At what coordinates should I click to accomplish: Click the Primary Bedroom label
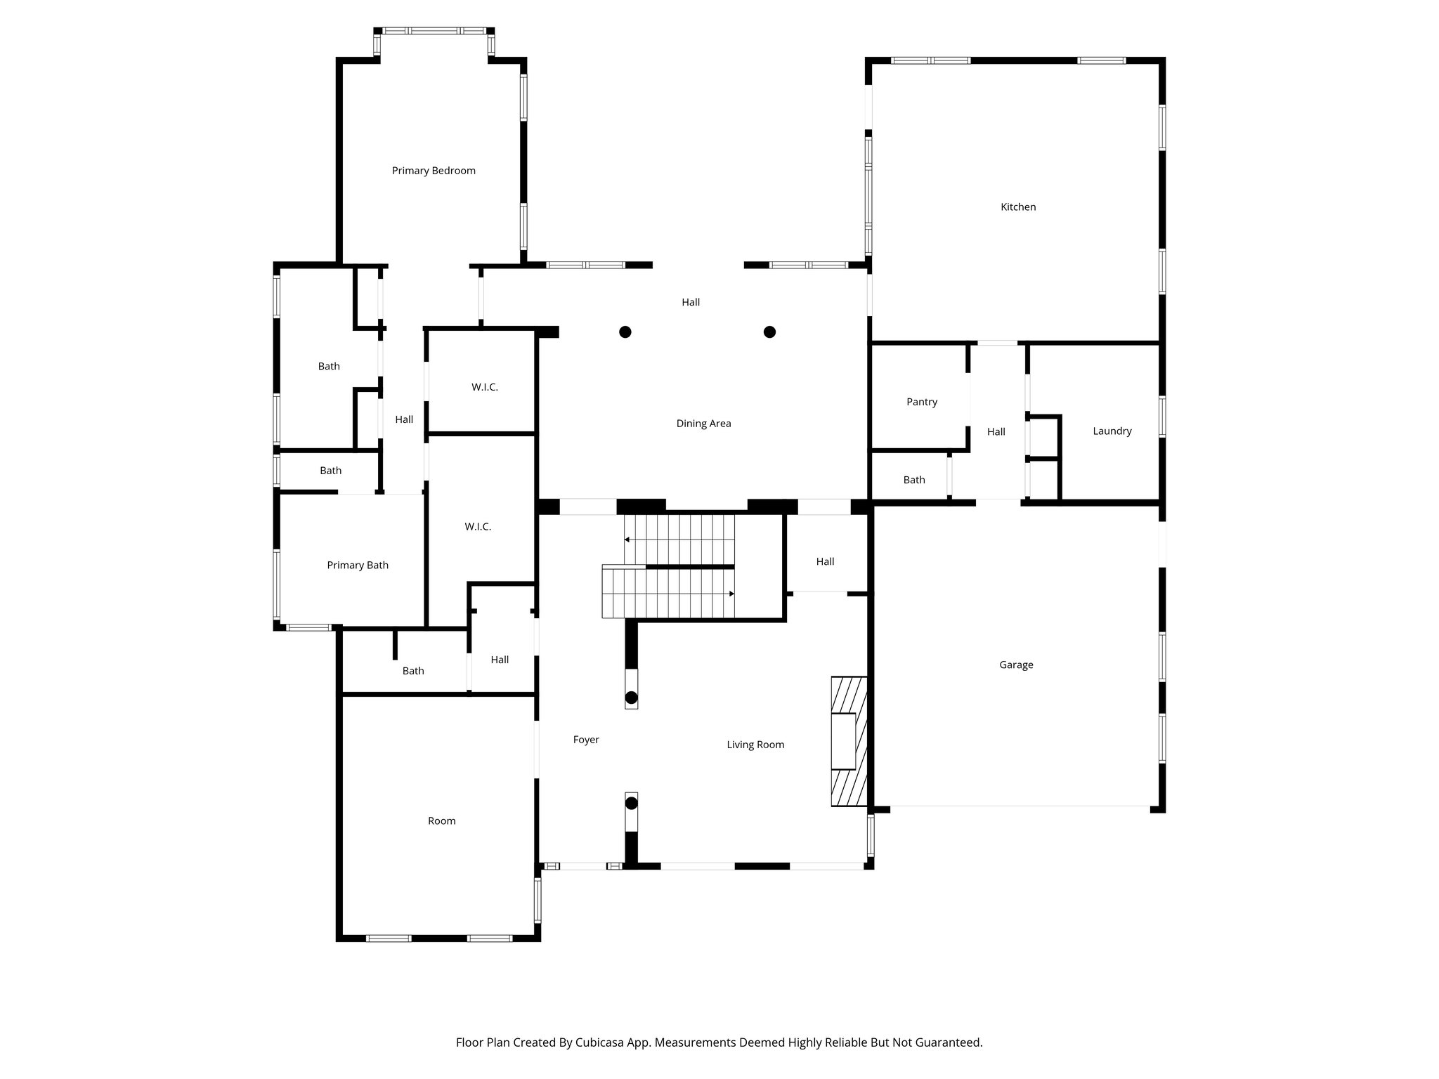(x=434, y=171)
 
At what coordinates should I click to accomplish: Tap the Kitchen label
(x=1018, y=207)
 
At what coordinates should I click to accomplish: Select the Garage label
(x=1016, y=665)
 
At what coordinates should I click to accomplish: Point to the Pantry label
(x=922, y=403)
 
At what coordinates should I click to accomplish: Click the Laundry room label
(x=1112, y=431)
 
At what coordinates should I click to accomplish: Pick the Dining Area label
(x=703, y=424)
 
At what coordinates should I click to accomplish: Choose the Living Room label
(x=755, y=745)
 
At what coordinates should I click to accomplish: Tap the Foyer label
(x=586, y=740)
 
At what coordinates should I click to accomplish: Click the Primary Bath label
(x=358, y=565)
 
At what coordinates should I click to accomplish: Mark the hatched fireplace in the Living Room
(x=849, y=741)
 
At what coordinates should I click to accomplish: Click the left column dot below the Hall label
(x=625, y=332)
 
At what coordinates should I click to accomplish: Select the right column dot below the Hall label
(x=769, y=332)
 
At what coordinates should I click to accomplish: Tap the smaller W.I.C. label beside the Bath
(x=484, y=388)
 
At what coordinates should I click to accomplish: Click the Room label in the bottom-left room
(x=441, y=821)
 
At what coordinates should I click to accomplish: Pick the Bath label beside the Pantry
(x=914, y=480)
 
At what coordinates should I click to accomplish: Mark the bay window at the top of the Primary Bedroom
(x=434, y=31)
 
